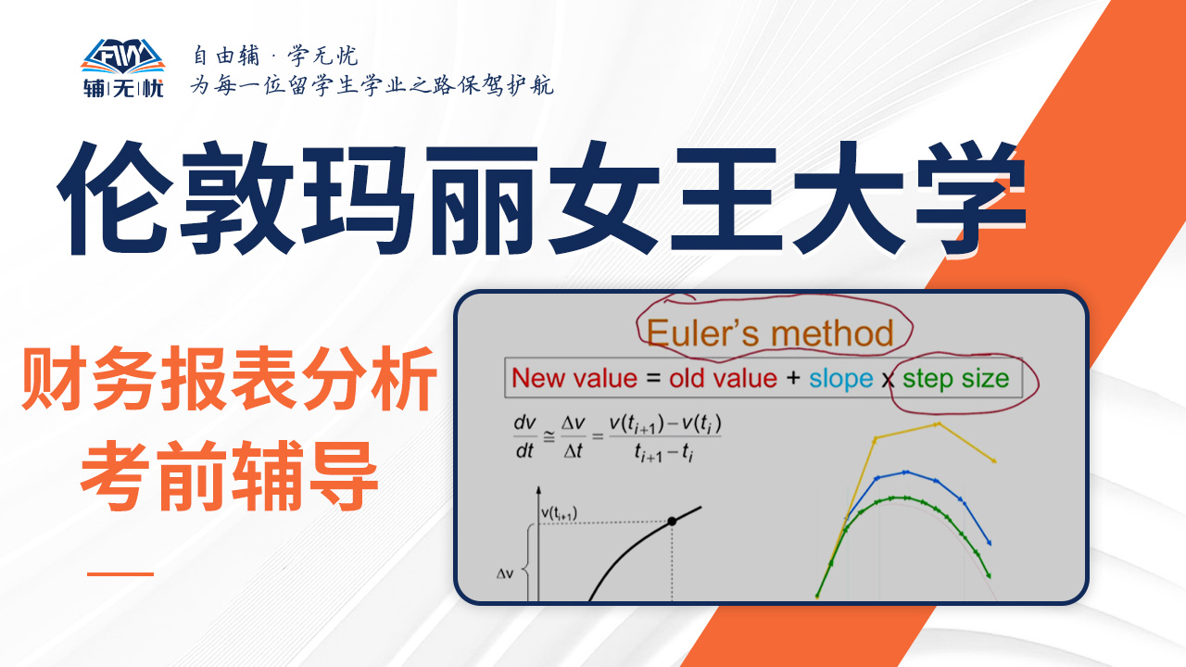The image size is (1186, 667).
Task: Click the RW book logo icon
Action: click(123, 56)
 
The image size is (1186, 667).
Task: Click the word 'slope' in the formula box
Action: click(840, 379)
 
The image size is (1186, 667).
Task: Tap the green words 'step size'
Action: click(955, 379)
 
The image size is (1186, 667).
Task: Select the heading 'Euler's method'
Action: click(770, 333)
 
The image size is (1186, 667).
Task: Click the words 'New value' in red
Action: click(574, 379)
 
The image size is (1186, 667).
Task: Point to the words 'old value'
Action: click(723, 379)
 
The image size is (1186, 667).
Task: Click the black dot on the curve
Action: click(672, 522)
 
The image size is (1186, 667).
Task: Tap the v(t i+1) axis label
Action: click(559, 513)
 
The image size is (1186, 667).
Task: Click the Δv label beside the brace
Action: click(505, 573)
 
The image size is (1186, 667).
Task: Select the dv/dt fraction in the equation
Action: click(524, 437)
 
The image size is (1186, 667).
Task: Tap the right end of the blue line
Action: click(990, 543)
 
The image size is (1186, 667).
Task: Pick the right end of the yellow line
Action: click(995, 461)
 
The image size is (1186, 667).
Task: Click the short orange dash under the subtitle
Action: click(120, 573)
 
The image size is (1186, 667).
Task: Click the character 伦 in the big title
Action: click(117, 198)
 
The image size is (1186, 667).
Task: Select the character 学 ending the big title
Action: click(972, 198)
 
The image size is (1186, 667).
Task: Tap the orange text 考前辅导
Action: click(229, 475)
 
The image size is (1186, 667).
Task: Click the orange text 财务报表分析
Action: click(229, 379)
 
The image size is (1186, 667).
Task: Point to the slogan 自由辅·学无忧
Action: click(275, 56)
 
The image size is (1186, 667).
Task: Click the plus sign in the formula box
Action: click(793, 378)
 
